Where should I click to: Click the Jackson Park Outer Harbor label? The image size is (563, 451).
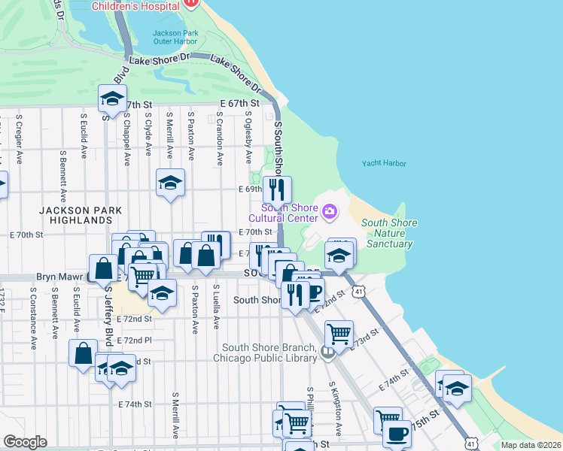(x=175, y=38)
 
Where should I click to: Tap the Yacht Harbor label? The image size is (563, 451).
(x=384, y=163)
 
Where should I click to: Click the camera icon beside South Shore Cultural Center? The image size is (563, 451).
(x=329, y=213)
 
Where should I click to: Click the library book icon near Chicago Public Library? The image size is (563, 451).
(x=327, y=351)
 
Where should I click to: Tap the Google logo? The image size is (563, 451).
(x=25, y=442)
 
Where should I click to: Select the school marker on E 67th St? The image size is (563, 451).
(x=112, y=98)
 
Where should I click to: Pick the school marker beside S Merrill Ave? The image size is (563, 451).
(x=171, y=182)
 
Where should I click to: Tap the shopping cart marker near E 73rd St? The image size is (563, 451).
(x=339, y=331)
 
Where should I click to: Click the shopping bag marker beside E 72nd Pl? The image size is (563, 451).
(x=83, y=352)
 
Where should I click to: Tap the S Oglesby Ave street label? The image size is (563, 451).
(x=248, y=138)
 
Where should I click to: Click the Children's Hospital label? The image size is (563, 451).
(x=135, y=6)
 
